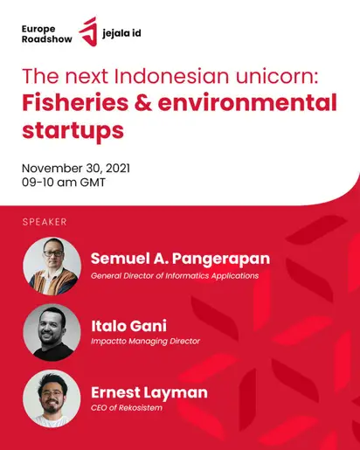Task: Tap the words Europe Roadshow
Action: point(47,34)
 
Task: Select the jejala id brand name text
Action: point(121,33)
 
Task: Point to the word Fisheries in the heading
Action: point(75,102)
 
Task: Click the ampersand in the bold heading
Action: point(143,103)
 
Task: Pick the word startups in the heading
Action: point(73,131)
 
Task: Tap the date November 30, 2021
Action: point(76,169)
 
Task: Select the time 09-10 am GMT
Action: point(64,183)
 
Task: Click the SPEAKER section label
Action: point(45,222)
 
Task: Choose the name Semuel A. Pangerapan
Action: point(180,259)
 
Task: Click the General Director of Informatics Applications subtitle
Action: point(175,276)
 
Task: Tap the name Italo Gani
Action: point(129,326)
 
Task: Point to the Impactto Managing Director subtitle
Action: point(145,341)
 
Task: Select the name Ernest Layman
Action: point(149,392)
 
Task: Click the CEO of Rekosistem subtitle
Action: point(127,407)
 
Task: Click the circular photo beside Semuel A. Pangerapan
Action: point(52,266)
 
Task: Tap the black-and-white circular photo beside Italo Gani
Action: point(52,332)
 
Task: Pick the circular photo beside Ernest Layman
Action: point(52,398)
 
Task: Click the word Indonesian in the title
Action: point(171,76)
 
